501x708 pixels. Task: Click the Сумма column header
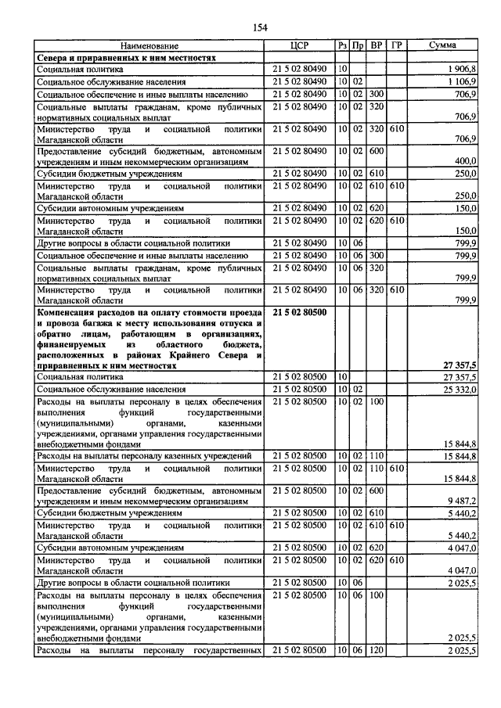449,45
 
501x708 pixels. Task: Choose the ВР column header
377,45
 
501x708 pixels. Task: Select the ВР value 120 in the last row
377,651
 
